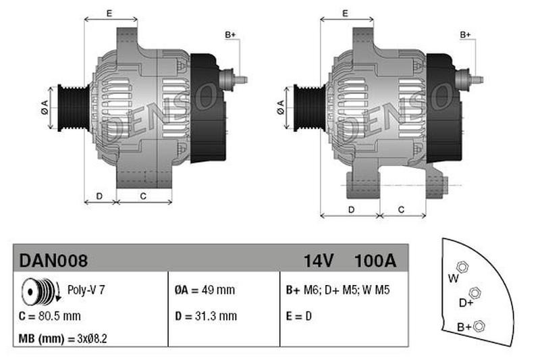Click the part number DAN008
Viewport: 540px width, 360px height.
click(x=53, y=261)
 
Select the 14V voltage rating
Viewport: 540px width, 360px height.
click(x=319, y=261)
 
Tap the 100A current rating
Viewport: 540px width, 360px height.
click(x=375, y=261)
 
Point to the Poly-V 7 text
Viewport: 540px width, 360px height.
click(x=86, y=290)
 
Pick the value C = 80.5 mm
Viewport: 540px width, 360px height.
click(x=49, y=316)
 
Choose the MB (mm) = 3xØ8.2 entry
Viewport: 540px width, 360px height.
click(x=63, y=338)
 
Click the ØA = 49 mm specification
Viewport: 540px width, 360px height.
click(x=205, y=290)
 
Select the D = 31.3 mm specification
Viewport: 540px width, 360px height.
click(x=206, y=316)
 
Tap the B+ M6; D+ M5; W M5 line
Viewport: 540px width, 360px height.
click(x=337, y=290)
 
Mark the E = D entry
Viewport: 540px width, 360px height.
click(x=298, y=316)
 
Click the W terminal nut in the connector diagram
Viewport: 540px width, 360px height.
click(x=462, y=267)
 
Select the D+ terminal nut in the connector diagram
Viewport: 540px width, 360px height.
click(x=475, y=293)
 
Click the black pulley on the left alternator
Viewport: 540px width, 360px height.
click(x=74, y=107)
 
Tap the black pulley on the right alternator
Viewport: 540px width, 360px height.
click(x=309, y=107)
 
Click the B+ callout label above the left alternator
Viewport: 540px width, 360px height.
click(x=230, y=35)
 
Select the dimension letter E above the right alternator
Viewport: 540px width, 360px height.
click(x=345, y=14)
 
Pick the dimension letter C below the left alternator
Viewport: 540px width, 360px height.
click(x=143, y=196)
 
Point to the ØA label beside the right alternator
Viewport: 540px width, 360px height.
click(x=281, y=107)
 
